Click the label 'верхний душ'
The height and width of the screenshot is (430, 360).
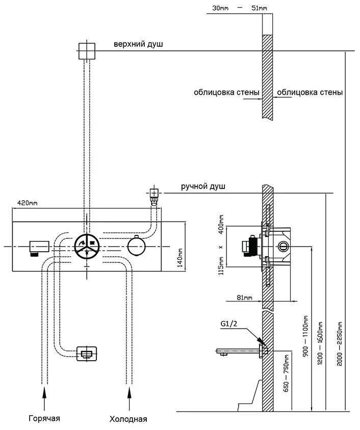138,45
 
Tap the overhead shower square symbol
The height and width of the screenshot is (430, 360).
87,50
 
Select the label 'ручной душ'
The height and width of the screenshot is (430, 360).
203,186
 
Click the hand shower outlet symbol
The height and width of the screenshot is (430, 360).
153,193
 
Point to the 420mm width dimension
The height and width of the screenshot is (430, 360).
28,203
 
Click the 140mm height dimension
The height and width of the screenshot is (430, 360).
180,258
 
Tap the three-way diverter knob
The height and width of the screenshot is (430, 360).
88,247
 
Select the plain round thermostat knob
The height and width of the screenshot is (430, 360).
137,247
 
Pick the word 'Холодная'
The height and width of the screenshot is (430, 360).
128,419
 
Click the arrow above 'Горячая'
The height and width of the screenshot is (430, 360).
44,393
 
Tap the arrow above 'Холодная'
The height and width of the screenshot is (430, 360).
129,393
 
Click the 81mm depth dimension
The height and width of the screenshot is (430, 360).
245,298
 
